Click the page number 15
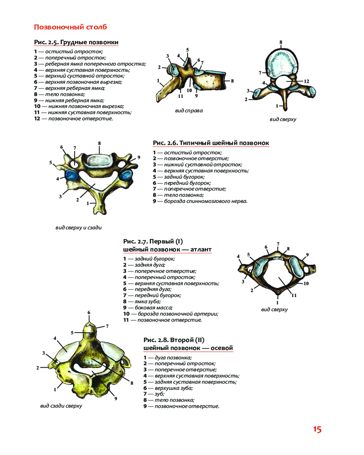[x=317, y=430]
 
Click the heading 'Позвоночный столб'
[x=71, y=27]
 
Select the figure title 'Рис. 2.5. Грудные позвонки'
[x=76, y=42]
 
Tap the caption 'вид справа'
[x=189, y=110]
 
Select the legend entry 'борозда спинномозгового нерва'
[x=203, y=201]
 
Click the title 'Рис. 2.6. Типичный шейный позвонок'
[x=211, y=143]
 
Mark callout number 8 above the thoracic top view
[x=281, y=42]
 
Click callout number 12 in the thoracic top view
[x=306, y=81]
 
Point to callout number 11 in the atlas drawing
[x=294, y=295]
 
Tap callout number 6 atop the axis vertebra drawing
[x=89, y=312]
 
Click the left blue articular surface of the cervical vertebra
[x=71, y=176]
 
